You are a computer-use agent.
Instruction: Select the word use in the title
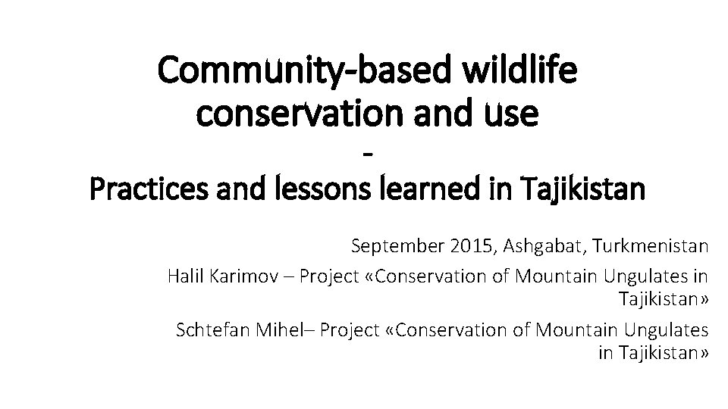(x=513, y=114)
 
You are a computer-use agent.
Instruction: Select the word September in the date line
(x=400, y=247)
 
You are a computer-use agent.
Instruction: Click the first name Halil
(x=183, y=276)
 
